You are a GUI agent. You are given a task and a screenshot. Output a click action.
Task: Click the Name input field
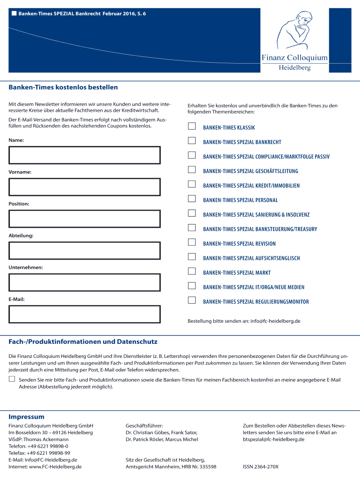point(85,155)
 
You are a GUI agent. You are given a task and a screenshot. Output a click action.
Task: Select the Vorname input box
point(85,187)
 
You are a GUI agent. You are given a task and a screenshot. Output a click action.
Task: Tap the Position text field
point(85,218)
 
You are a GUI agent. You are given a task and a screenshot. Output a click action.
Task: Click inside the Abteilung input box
point(85,250)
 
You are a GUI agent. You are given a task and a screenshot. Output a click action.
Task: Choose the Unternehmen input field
point(85,282)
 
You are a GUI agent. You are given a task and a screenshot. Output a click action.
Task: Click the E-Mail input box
point(85,314)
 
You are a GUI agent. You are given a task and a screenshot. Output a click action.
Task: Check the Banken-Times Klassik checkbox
point(192,126)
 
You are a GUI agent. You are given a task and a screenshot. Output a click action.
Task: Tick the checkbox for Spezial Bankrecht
point(192,141)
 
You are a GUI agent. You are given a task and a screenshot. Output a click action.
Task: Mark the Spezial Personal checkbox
point(192,199)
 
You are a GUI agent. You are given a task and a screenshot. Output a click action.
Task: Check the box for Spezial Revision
point(192,242)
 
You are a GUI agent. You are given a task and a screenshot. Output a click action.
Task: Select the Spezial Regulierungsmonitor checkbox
point(192,300)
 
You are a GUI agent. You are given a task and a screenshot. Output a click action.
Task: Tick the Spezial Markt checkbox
point(192,271)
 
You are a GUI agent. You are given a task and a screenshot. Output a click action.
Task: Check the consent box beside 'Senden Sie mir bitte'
point(12,379)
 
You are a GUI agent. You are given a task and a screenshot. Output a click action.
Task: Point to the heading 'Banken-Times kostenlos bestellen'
point(63,87)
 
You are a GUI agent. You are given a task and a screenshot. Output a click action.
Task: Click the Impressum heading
point(27,417)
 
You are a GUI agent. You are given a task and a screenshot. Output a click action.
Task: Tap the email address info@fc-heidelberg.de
point(275,321)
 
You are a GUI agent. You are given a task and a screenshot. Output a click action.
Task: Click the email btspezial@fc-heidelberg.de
point(274,439)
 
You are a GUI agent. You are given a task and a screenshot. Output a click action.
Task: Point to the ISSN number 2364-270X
point(260,466)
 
